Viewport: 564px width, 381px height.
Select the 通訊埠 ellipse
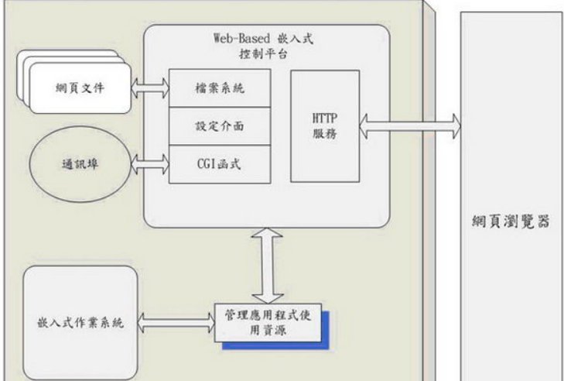pyautogui.click(x=78, y=164)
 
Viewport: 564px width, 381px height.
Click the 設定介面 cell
pyautogui.click(x=220, y=125)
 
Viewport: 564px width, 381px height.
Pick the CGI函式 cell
pyautogui.click(x=220, y=164)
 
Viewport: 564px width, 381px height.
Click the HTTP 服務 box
pyautogui.click(x=325, y=126)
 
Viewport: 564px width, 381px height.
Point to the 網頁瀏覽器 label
pyautogui.click(x=511, y=221)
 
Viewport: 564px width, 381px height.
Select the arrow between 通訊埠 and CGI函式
pyautogui.click(x=151, y=162)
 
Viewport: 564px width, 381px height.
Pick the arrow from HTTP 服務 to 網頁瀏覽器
pyautogui.click(x=410, y=125)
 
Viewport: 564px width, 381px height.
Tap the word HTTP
pyautogui.click(x=325, y=118)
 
